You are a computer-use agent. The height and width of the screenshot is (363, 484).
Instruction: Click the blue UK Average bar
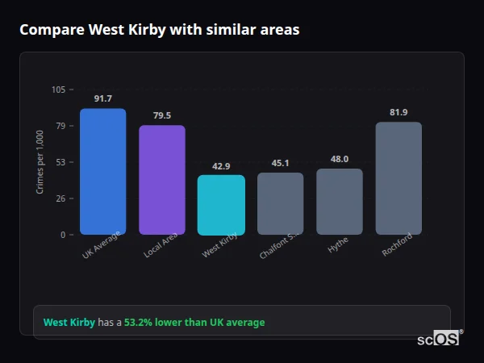pyautogui.click(x=102, y=172)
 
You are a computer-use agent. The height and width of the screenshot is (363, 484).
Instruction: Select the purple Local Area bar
pyautogui.click(x=162, y=180)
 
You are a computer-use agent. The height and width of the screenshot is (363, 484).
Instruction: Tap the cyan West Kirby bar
pyautogui.click(x=221, y=205)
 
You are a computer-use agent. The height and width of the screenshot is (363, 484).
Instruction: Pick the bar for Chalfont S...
pyautogui.click(x=281, y=203)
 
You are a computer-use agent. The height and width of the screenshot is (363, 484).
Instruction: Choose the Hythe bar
pyautogui.click(x=340, y=202)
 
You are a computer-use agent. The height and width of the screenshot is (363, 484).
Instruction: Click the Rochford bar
pyautogui.click(x=398, y=178)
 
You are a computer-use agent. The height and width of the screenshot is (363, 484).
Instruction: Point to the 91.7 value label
pyautogui.click(x=102, y=98)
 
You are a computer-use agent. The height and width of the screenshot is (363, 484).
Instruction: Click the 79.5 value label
pyautogui.click(x=162, y=115)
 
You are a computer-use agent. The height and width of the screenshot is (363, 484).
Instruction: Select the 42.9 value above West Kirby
pyautogui.click(x=221, y=166)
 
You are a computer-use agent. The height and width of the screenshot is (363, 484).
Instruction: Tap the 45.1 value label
pyautogui.click(x=281, y=163)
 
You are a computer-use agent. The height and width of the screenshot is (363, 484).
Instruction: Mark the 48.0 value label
pyautogui.click(x=340, y=159)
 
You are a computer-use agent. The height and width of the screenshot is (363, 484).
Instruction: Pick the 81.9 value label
pyautogui.click(x=398, y=112)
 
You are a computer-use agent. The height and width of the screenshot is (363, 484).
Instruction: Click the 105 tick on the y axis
pyautogui.click(x=59, y=90)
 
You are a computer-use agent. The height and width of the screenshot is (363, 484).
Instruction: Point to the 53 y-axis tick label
pyautogui.click(x=61, y=162)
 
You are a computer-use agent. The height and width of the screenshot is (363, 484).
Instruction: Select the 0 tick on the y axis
pyautogui.click(x=64, y=235)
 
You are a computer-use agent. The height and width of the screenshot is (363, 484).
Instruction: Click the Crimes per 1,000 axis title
pyautogui.click(x=40, y=162)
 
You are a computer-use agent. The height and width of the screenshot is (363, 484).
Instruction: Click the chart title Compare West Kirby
pyautogui.click(x=159, y=30)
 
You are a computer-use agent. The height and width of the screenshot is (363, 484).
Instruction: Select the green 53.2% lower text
pyautogui.click(x=194, y=323)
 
